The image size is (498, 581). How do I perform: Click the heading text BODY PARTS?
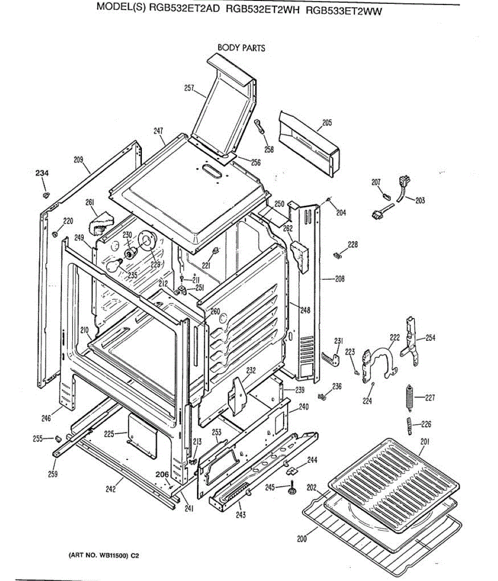click(x=241, y=48)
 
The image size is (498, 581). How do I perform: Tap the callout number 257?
click(x=189, y=88)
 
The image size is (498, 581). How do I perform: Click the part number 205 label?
click(x=327, y=123)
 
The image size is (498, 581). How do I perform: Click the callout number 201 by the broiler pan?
click(x=425, y=441)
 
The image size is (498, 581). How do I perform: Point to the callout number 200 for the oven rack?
click(x=302, y=539)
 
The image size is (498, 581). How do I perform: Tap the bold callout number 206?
click(x=162, y=474)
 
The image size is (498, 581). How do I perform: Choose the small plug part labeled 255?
click(x=57, y=438)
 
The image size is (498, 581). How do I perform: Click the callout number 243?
click(x=241, y=515)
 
